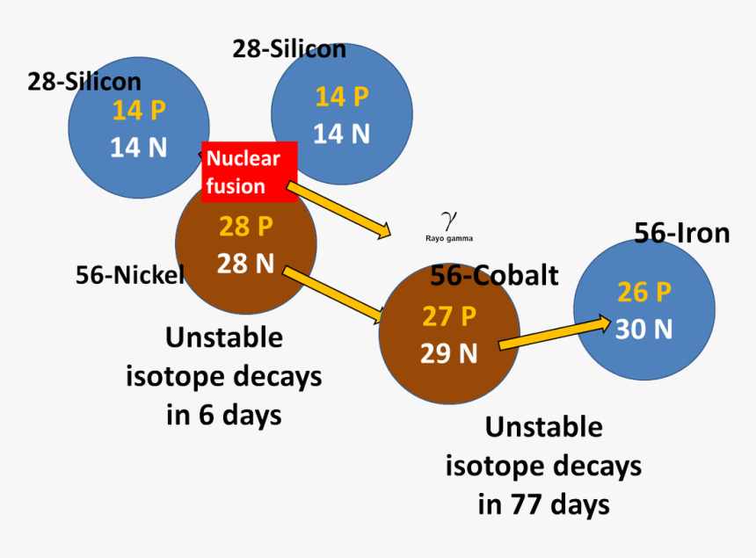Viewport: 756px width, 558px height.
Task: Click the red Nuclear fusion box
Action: [x=249, y=171]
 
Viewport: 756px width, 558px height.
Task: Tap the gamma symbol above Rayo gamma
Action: [x=449, y=219]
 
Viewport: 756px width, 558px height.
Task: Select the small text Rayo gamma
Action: [x=449, y=237]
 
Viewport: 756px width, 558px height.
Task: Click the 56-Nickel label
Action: [x=129, y=275]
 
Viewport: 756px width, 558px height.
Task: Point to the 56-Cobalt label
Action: [x=494, y=275]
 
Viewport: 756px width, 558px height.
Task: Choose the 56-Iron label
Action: [x=682, y=233]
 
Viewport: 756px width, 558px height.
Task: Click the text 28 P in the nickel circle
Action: [x=246, y=227]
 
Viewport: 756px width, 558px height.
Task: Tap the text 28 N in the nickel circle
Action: [x=246, y=262]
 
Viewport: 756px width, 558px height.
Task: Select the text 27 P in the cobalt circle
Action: [x=449, y=316]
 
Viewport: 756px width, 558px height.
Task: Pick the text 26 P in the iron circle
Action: [x=644, y=292]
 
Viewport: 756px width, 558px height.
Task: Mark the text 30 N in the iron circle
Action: [x=644, y=329]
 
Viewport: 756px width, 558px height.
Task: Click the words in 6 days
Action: [x=224, y=414]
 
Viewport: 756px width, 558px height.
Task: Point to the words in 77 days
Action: [x=543, y=504]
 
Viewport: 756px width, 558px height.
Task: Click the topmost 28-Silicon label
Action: [x=289, y=49]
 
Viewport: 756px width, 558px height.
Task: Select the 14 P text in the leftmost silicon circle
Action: [x=139, y=111]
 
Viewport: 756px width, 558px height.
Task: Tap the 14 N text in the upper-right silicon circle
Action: [x=341, y=134]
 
